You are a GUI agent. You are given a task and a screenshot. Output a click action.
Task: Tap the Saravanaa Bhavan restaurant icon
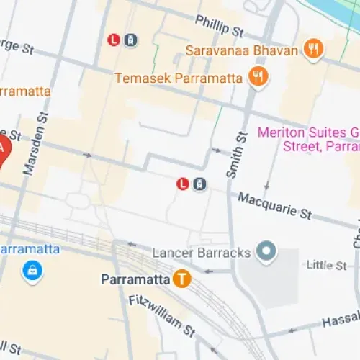point(313,50)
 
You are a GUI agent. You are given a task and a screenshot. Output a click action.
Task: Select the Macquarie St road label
point(274,205)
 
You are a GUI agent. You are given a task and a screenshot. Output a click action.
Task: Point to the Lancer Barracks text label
point(202,253)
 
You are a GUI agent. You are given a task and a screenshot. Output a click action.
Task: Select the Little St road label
point(326,266)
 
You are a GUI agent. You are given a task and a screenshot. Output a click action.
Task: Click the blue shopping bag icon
point(32,271)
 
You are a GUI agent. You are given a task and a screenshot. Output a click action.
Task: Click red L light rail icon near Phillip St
point(114,40)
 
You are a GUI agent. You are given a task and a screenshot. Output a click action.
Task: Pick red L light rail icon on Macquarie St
point(184,184)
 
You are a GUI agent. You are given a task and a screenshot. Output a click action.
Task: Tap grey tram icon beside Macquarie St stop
point(200,184)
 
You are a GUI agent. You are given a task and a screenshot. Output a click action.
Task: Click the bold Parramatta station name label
point(135,279)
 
